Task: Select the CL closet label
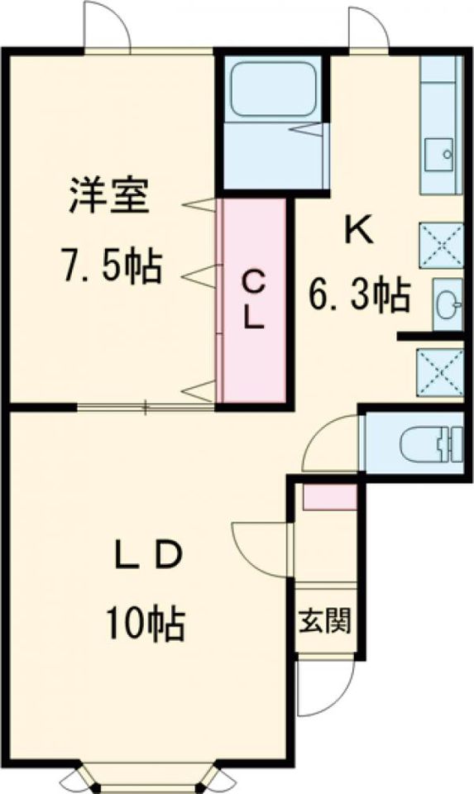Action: (x=252, y=299)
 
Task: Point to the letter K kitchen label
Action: (x=359, y=231)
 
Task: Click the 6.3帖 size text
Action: (x=359, y=295)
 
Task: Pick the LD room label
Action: (x=147, y=556)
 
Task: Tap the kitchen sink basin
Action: (x=438, y=155)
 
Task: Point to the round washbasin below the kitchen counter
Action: (x=448, y=305)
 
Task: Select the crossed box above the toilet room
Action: (x=440, y=372)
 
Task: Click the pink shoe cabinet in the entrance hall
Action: (x=330, y=496)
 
